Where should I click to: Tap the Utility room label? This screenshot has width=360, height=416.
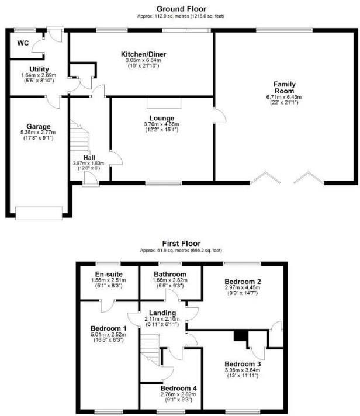coord(39,70)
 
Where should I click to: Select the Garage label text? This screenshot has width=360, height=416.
coord(38,126)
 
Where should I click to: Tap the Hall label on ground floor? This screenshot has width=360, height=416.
coord(89,157)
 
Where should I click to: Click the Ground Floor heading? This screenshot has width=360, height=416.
coord(179,8)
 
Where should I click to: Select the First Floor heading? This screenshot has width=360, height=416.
coord(181,244)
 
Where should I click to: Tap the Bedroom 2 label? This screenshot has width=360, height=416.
coord(242,281)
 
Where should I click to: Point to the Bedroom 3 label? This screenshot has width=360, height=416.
coord(241,362)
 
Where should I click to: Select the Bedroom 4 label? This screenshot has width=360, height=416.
coord(179,388)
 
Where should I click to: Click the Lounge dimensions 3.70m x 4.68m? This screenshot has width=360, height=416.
coord(162,124)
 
